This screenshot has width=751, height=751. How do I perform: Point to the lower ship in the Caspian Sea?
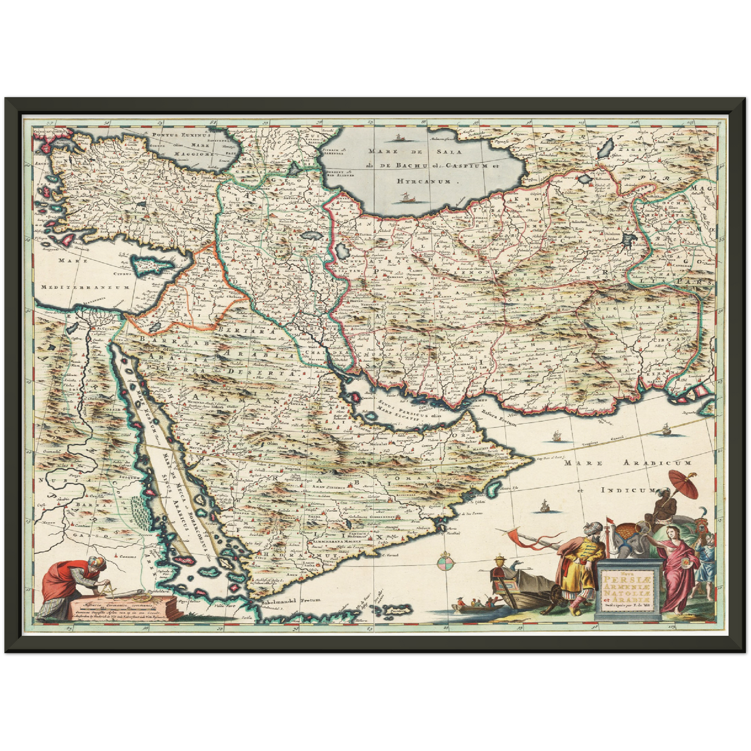[x=405, y=197]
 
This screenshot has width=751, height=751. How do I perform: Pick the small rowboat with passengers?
[x=475, y=604]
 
